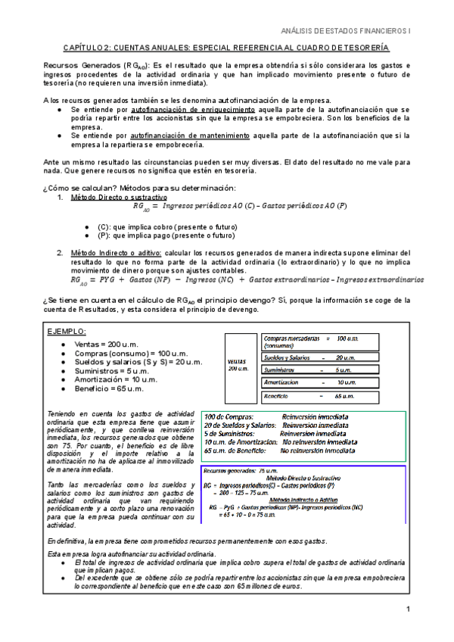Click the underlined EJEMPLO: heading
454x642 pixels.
[67, 332]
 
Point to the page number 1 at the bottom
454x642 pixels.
[408, 610]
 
